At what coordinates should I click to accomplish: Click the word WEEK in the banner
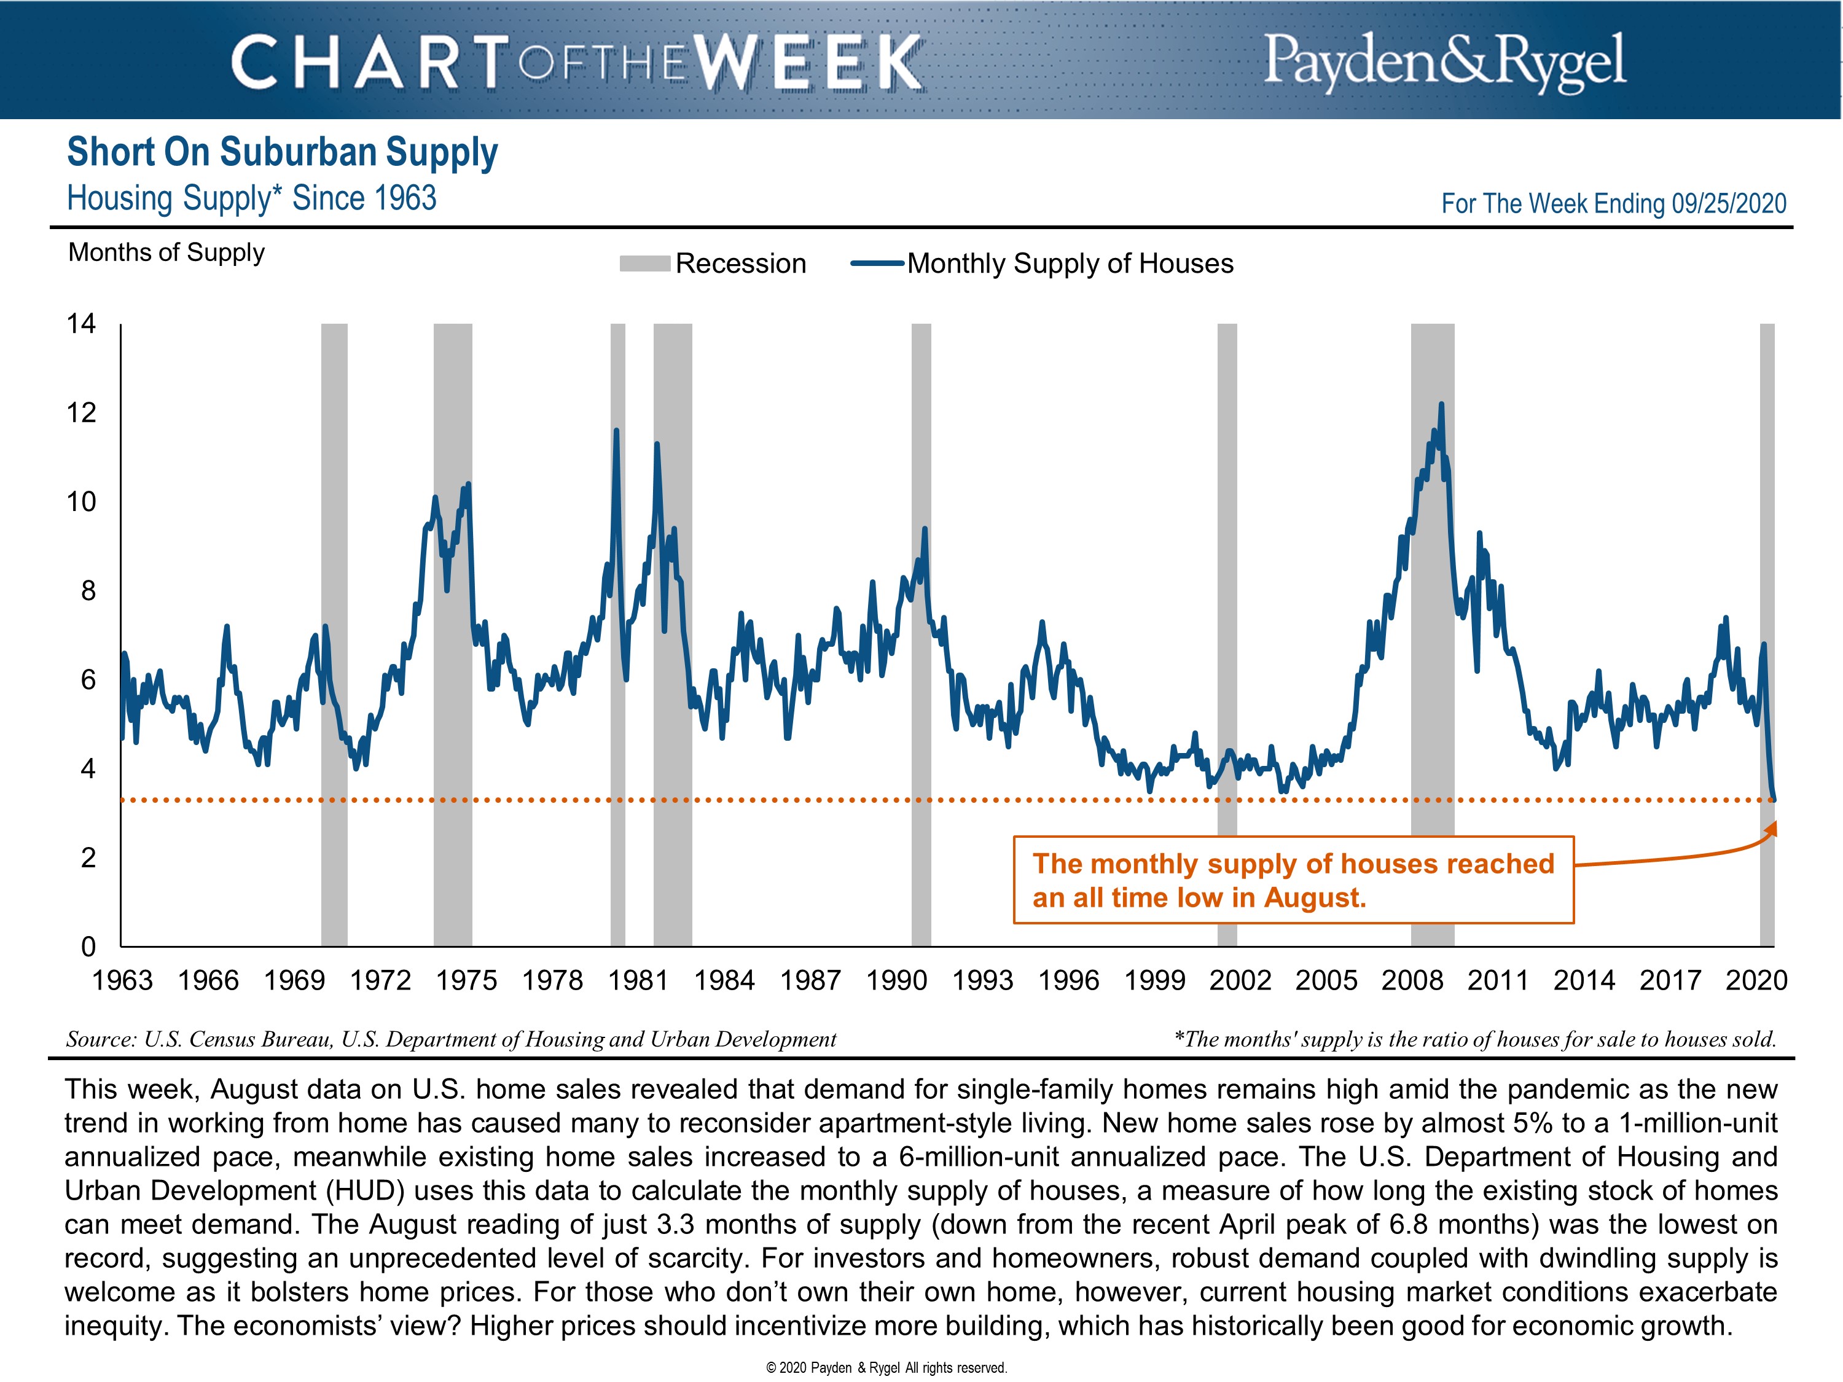point(809,63)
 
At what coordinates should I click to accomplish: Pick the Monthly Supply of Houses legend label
point(1070,264)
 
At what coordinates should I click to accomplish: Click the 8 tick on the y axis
point(87,591)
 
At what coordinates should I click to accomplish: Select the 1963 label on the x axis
point(122,980)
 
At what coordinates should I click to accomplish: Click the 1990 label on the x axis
point(896,980)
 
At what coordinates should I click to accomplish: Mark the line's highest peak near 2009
point(1441,405)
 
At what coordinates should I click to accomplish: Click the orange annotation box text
point(1293,881)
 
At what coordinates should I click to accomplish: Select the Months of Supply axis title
point(166,252)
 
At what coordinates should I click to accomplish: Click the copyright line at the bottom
point(886,1368)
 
